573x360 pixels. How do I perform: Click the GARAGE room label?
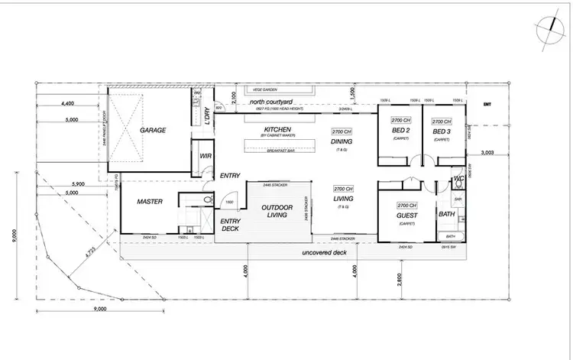tap(153, 131)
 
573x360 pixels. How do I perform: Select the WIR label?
tap(205, 156)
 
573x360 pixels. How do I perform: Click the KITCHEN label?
tap(276, 131)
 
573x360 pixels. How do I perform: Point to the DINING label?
tap(342, 141)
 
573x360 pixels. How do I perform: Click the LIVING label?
tap(342, 200)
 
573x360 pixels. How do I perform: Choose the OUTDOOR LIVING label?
tap(277, 212)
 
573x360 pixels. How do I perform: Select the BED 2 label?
tap(402, 131)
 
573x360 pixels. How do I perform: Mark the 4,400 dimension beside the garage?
tap(66, 103)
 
